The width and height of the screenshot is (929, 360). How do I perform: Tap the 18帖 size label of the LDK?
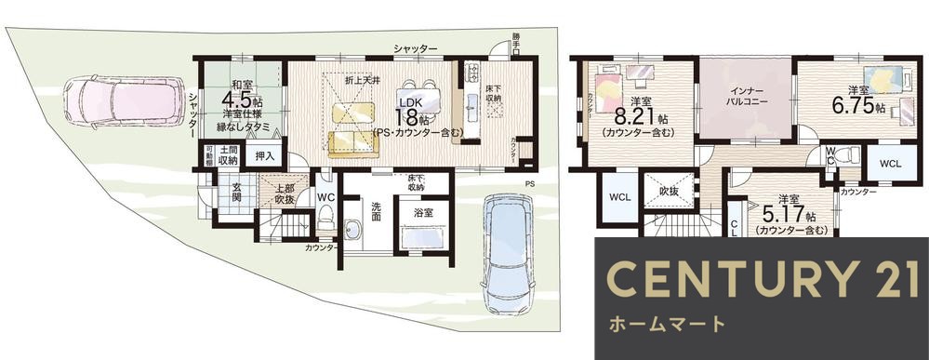pos(411,118)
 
